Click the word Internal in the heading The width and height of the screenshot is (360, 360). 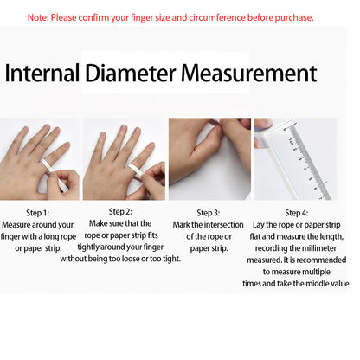pos(42,73)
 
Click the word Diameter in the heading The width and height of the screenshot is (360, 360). pos(131,73)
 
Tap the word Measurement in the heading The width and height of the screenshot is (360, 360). pos(249,73)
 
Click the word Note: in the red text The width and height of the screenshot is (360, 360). pos(38,17)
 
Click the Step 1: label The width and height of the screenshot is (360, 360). pos(38,213)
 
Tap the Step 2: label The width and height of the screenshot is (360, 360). pos(120,212)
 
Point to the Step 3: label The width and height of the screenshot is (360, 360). pos(209,213)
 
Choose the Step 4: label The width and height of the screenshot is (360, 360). pos(297,213)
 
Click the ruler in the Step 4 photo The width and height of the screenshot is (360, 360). pos(306,162)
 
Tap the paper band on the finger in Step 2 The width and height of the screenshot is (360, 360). pos(136,170)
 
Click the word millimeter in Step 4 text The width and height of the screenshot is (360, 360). pos(319,248)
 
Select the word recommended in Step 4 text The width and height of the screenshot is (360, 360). pos(320,260)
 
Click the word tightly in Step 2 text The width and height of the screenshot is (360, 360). pos(89,247)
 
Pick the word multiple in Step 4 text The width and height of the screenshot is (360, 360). pos(316,272)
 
